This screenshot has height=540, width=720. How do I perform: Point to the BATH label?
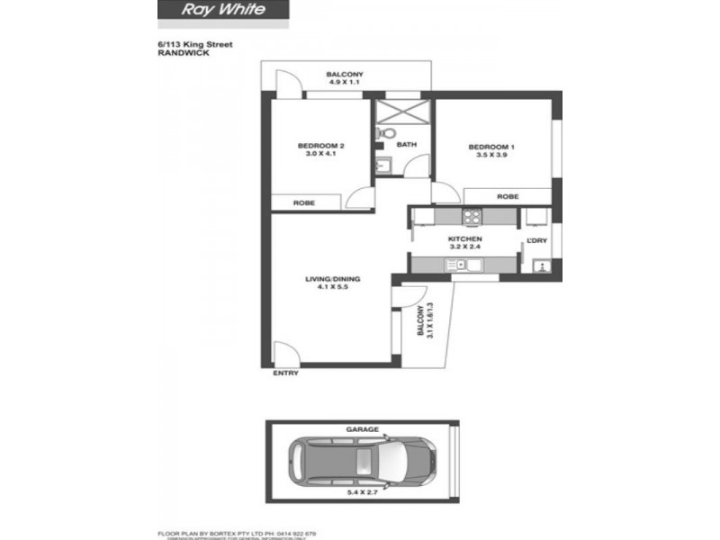point(407,144)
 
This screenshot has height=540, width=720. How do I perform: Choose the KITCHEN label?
point(465,239)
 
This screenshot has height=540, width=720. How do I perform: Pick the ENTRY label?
point(285,373)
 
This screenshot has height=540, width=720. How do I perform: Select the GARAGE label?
point(364,430)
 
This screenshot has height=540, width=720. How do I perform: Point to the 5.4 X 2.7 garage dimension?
point(364,492)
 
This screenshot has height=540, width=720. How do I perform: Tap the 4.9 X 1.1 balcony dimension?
point(345,82)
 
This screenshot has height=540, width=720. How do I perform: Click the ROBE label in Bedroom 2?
point(303,203)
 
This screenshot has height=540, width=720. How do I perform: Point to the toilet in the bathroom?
point(381,134)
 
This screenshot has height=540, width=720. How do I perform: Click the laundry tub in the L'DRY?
point(541,266)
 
